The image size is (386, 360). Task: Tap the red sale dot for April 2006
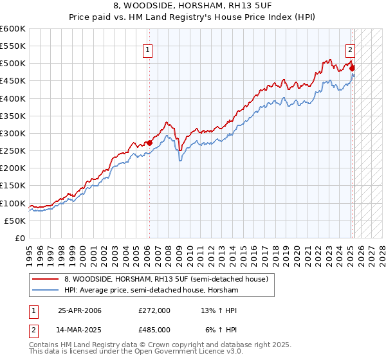pos(149,143)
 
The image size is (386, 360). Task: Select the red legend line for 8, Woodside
pos(46,278)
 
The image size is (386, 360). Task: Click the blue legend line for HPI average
pos(46,291)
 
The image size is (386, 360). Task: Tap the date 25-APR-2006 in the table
pos(80,310)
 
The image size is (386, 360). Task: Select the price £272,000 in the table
pos(154,310)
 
